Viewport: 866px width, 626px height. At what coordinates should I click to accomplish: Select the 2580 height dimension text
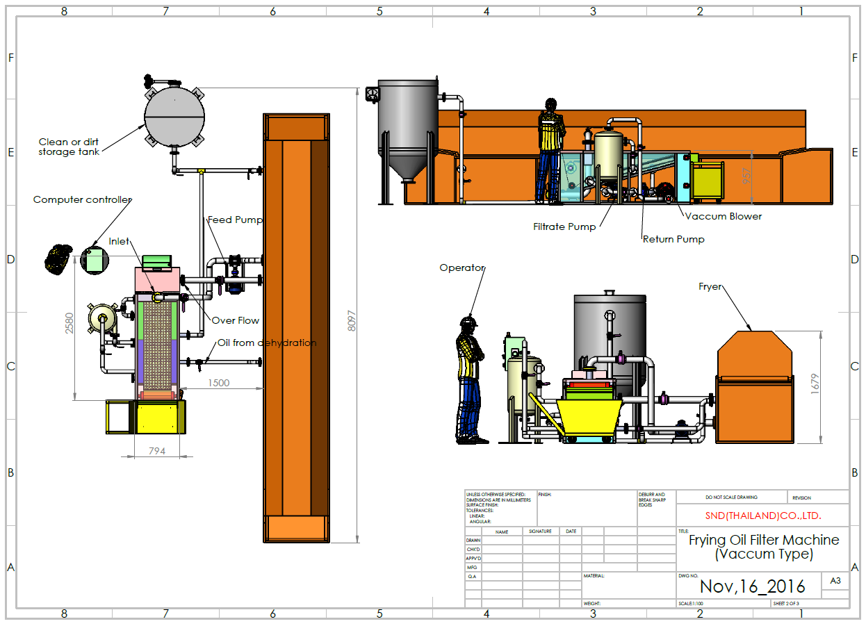point(70,322)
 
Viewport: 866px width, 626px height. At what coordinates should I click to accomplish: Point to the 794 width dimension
point(157,451)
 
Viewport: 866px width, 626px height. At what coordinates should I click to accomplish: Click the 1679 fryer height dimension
point(815,384)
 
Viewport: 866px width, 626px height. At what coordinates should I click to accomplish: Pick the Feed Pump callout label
point(235,220)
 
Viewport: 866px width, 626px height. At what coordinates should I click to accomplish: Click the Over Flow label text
point(236,320)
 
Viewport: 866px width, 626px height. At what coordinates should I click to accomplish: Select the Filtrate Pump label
point(564,226)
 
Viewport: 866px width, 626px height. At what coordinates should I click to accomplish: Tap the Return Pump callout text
point(673,239)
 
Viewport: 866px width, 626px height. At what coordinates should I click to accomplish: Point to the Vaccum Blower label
point(724,216)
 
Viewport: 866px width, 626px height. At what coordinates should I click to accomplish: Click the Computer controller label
point(82,200)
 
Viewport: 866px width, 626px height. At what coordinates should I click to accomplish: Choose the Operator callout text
point(461,267)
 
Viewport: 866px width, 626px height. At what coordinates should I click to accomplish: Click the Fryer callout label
point(710,286)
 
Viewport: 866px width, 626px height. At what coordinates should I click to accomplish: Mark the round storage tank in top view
point(174,116)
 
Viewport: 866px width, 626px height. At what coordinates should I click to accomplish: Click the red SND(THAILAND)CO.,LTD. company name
point(762,516)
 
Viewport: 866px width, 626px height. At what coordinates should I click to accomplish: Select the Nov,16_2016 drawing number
point(752,586)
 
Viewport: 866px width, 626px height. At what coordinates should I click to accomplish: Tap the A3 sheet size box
point(835,581)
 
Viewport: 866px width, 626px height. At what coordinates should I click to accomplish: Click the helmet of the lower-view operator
point(468,322)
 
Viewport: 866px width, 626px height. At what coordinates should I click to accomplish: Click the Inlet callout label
point(119,242)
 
